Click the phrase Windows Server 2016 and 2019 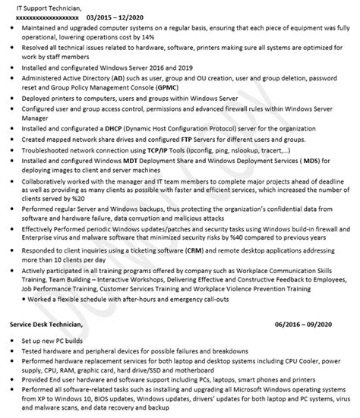point(144,67)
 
